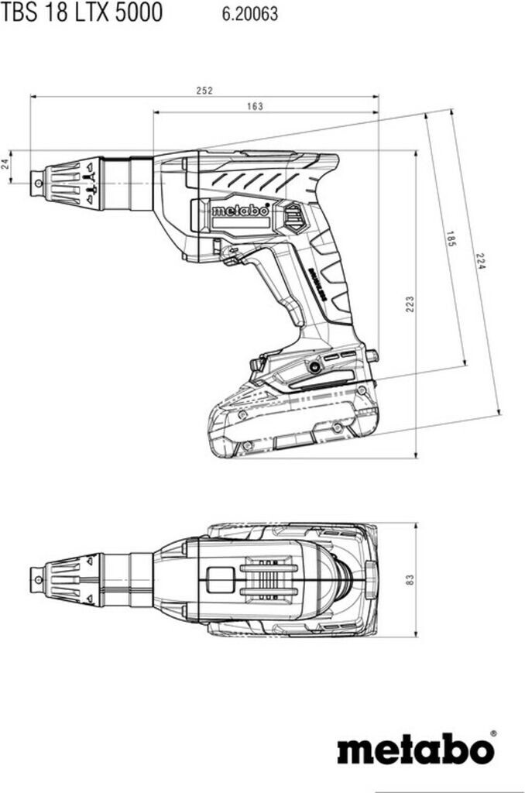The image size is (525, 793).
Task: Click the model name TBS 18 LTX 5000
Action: click(x=81, y=13)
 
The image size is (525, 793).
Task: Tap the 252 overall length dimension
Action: click(x=204, y=91)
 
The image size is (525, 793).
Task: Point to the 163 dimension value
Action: click(x=255, y=106)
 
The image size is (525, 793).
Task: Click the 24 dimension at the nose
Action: click(x=6, y=164)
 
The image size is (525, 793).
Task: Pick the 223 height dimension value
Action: click(x=409, y=304)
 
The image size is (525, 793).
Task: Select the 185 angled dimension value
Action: click(x=451, y=239)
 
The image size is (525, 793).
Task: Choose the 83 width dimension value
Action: click(x=410, y=578)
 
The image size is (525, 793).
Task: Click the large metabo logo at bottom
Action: click(x=414, y=749)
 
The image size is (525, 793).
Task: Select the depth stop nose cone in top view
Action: click(x=74, y=578)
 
